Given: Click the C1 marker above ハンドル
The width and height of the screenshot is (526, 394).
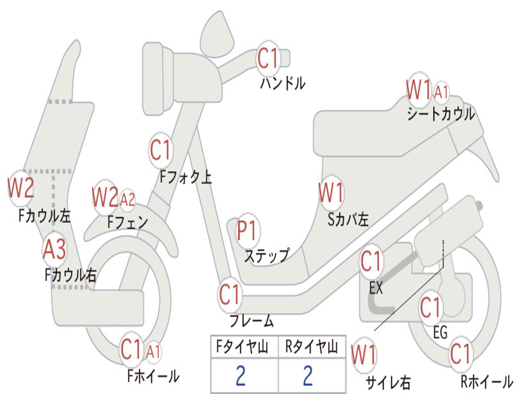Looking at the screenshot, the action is (267, 58).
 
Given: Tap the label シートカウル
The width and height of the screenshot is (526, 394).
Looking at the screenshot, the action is (441, 114).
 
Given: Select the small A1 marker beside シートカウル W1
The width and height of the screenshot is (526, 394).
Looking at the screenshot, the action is (441, 93).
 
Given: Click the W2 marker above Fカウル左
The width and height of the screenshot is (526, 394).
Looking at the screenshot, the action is (21, 188).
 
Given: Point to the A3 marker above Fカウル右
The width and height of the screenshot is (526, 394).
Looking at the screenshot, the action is (54, 250).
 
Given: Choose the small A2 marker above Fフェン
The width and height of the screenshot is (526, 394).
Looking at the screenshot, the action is (127, 199).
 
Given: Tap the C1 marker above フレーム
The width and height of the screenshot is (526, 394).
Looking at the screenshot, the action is (230, 295).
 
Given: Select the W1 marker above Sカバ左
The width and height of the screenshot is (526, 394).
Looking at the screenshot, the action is (331, 193).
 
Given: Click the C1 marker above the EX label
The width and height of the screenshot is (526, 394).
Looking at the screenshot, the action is (371, 262).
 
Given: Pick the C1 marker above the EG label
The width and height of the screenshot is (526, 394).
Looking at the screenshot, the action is (430, 308).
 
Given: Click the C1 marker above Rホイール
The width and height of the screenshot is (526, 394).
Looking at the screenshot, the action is (460, 353).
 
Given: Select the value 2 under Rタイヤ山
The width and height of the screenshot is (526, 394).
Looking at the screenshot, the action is (308, 376).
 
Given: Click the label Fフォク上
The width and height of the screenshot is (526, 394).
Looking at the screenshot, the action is (185, 178).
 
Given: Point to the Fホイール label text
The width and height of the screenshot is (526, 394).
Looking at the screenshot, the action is (153, 376).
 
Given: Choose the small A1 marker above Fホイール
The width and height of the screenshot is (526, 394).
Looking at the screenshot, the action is (153, 351).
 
